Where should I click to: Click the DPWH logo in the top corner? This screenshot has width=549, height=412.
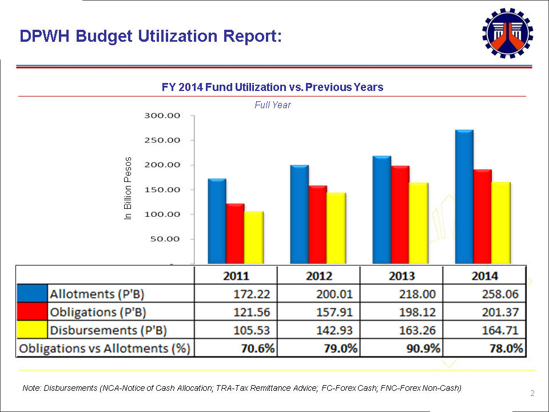click(x=507, y=34)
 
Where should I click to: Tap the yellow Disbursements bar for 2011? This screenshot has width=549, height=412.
click(x=253, y=237)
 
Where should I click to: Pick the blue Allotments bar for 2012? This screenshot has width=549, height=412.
click(x=299, y=215)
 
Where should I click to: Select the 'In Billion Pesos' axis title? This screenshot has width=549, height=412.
click(x=128, y=188)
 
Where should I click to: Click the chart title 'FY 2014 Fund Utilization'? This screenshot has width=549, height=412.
click(x=272, y=87)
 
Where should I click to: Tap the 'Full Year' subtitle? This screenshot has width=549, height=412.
click(x=272, y=105)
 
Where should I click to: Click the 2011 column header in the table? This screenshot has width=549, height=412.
click(x=236, y=276)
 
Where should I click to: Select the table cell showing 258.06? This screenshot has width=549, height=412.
click(x=485, y=294)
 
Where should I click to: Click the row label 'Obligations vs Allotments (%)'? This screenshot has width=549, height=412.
click(x=105, y=348)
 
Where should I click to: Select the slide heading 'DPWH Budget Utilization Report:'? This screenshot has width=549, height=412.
click(x=150, y=36)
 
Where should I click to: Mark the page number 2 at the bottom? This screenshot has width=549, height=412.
click(x=532, y=393)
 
